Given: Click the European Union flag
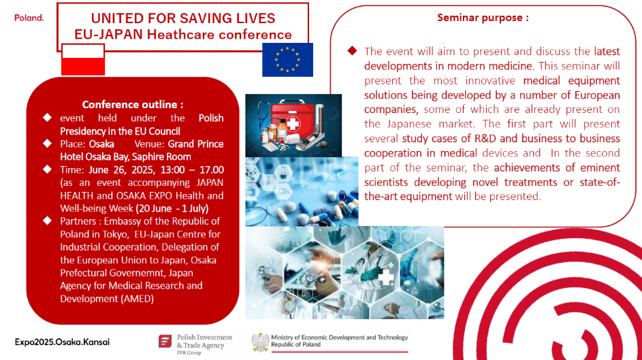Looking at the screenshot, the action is click(x=287, y=60).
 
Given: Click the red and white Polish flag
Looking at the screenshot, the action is click(x=83, y=60).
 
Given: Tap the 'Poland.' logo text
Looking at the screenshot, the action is click(x=29, y=18).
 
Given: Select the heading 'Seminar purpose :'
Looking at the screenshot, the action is click(x=483, y=18).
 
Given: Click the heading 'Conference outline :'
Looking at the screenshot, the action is click(x=133, y=104).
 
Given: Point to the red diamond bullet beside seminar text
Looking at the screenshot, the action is click(x=352, y=51).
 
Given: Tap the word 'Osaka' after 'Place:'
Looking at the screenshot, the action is click(x=101, y=144).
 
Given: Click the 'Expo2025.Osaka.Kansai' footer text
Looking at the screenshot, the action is click(x=62, y=342).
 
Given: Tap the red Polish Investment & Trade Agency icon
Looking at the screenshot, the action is click(x=165, y=341).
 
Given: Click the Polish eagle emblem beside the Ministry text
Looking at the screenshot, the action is click(x=259, y=342).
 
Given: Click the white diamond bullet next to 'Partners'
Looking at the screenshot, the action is click(x=48, y=221).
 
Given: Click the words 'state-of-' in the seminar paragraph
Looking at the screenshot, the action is click(x=600, y=182).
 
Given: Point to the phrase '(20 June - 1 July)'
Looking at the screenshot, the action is click(x=172, y=208).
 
